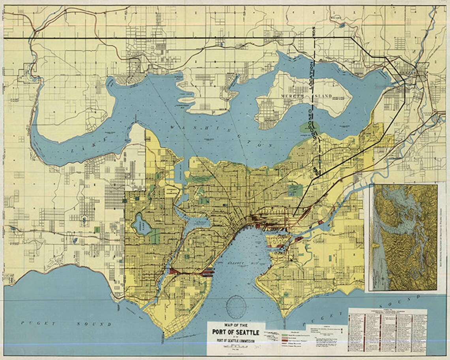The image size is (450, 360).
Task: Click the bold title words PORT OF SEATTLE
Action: pos(236,332)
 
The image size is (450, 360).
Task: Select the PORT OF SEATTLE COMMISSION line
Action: pos(236,340)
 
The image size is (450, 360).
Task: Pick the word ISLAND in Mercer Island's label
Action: pos(323,96)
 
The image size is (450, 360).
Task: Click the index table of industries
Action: pos(387,332)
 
